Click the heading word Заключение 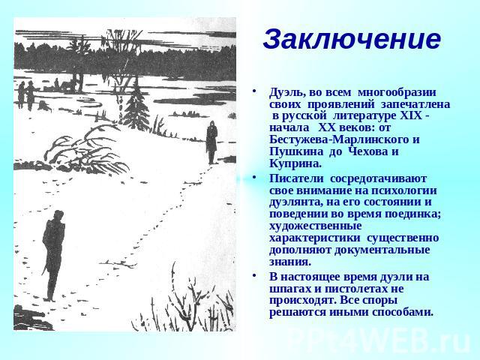(352, 40)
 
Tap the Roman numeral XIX (410, 116)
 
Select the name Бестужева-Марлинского (340, 139)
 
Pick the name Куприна (295, 163)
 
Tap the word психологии (404, 191)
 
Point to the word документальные (382, 250)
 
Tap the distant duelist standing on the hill (211, 142)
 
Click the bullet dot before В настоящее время (253, 276)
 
